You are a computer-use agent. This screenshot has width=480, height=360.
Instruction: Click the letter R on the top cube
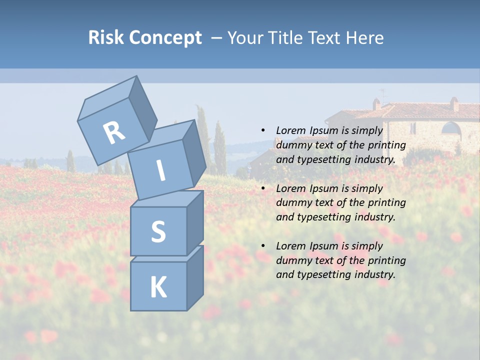pos(114,132)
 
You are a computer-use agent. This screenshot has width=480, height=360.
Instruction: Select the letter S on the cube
pos(158,231)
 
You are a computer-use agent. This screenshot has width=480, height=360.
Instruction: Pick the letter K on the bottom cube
pos(158,287)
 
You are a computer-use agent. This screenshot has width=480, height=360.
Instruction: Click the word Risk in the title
pos(105,37)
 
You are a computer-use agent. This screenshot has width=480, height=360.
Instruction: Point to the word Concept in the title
pos(164,38)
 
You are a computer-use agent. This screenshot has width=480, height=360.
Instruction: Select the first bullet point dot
pos(263,130)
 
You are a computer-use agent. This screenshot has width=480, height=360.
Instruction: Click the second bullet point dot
pos(263,188)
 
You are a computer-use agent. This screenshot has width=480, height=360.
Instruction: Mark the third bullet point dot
pos(263,246)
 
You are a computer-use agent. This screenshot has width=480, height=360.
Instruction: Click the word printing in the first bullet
pos(387,145)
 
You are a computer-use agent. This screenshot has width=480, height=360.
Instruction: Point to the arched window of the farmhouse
pos(451,128)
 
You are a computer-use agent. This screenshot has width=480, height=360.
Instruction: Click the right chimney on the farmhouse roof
pos(454,104)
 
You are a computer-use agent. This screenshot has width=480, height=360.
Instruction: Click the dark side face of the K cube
pos(195,278)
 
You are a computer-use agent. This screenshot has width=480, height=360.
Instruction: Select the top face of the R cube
pos(107,97)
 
